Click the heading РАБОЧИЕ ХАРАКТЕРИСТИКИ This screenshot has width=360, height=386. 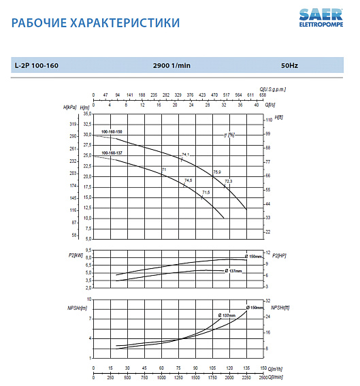(96, 23)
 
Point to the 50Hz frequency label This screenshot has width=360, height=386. (290, 66)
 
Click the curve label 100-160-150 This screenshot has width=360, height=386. (112, 131)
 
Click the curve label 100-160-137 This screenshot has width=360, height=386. (112, 153)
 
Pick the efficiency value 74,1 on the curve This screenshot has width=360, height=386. (184, 155)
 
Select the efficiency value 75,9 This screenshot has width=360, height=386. (217, 172)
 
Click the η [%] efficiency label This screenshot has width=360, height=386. (230, 135)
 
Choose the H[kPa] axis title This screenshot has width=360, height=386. (69, 108)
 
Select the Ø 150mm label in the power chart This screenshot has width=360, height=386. (255, 255)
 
